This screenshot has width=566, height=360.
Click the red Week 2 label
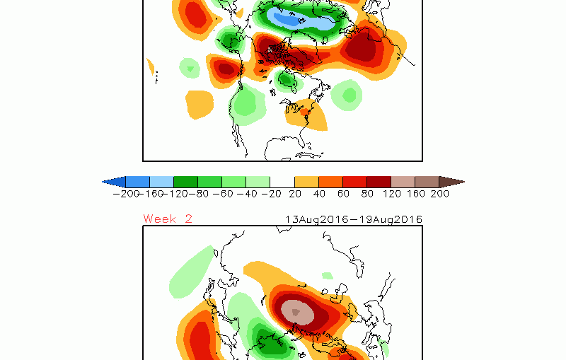[168, 219]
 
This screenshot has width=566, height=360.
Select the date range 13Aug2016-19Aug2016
[354, 219]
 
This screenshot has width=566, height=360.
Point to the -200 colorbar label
[126, 194]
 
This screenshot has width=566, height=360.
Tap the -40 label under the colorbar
[247, 194]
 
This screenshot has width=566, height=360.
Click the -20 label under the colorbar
[271, 194]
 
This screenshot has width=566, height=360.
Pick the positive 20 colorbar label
[295, 194]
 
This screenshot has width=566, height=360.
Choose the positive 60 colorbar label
[343, 194]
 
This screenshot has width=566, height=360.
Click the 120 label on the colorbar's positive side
[392, 194]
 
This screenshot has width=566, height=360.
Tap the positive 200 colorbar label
[439, 194]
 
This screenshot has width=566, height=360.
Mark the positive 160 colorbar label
[416, 194]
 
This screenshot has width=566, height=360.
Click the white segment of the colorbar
[282, 182]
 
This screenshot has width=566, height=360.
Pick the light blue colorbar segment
[162, 182]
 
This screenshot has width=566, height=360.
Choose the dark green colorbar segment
[185, 182]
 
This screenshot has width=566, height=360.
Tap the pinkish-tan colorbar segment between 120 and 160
[403, 182]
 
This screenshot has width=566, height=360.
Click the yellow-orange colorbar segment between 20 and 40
[306, 182]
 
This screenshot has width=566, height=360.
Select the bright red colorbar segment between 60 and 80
[355, 182]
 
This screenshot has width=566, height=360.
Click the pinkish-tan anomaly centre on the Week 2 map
[296, 313]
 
